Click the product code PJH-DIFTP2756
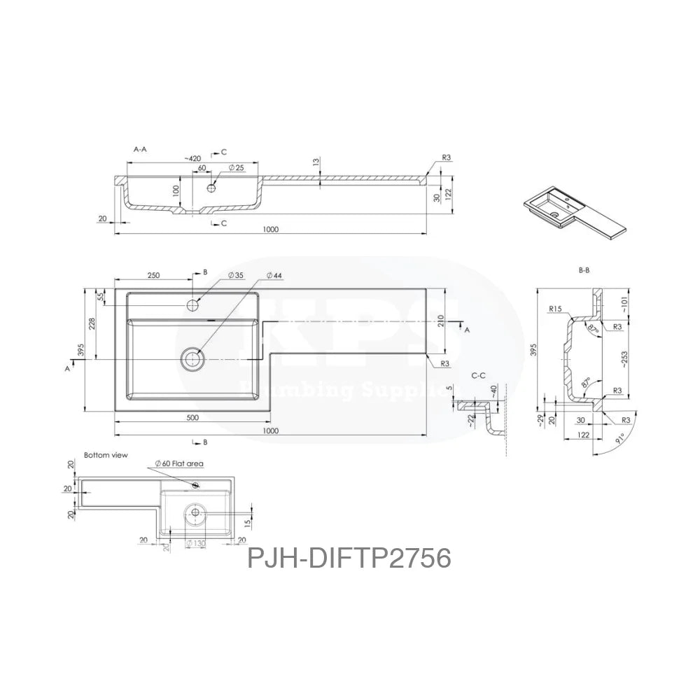(349, 559)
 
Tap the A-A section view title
(140, 149)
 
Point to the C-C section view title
(479, 376)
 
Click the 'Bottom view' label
(106, 454)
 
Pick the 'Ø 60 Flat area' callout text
(179, 463)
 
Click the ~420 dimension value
(195, 160)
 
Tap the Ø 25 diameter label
(236, 169)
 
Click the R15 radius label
(556, 308)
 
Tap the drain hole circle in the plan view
(192, 359)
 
